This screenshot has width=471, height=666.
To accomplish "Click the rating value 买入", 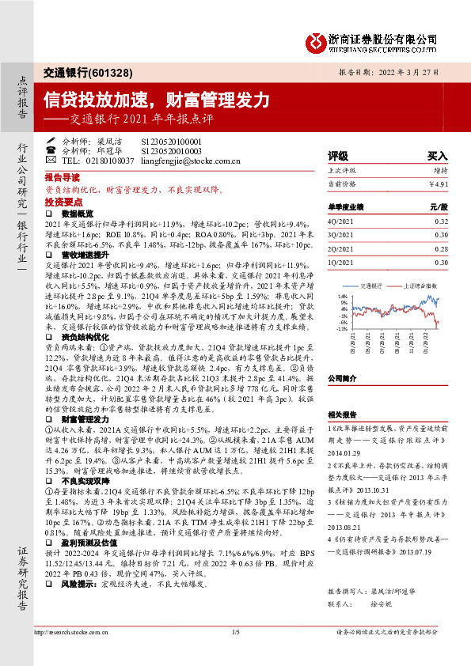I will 438,156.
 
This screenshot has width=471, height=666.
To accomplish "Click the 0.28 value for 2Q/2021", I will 441,248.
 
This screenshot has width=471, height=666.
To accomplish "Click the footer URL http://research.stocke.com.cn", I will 69,632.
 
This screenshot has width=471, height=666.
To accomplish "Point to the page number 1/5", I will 235,632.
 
